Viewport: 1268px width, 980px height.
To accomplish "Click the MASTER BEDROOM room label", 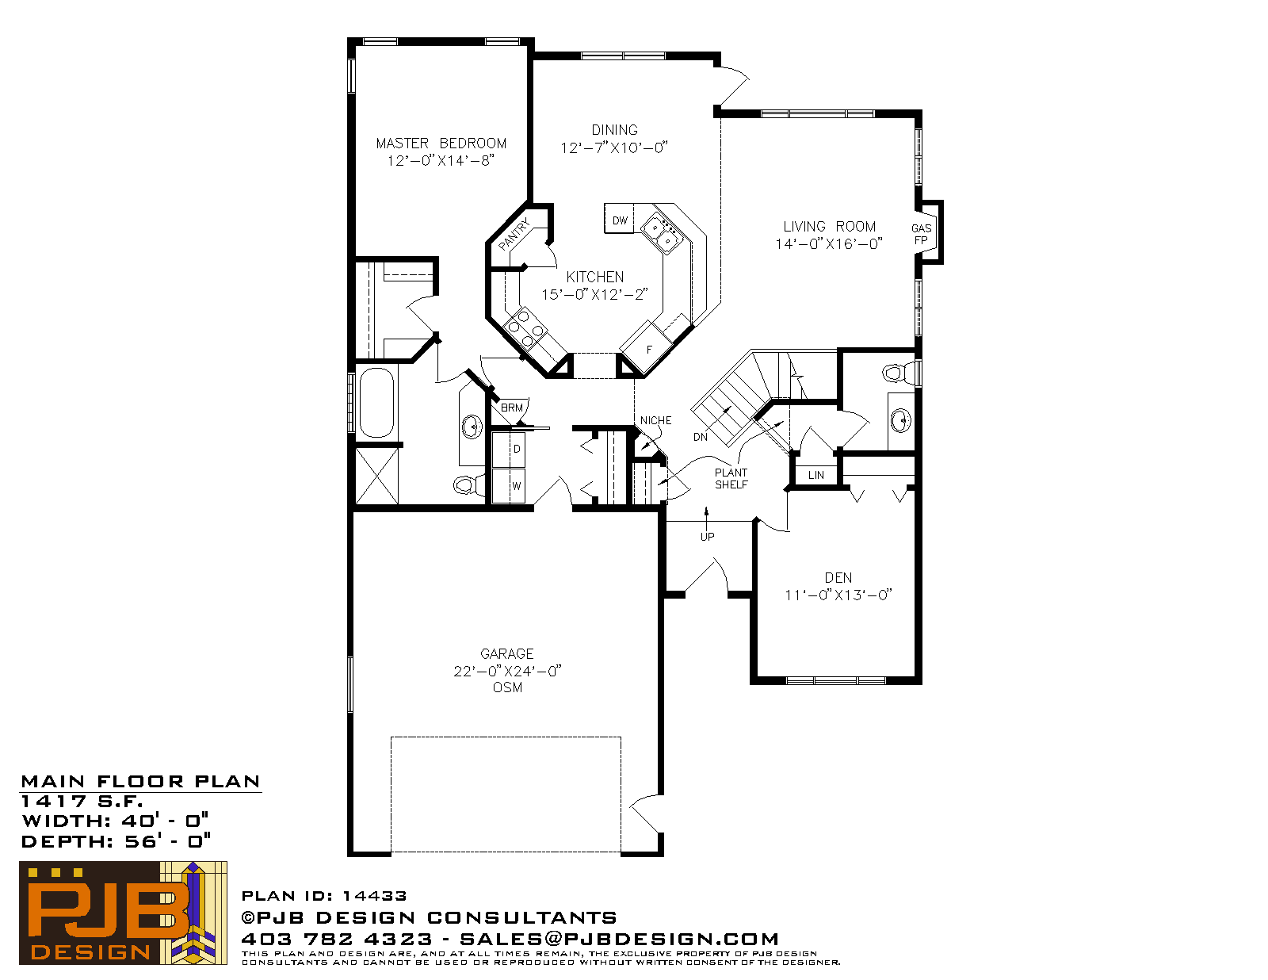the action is [441, 144].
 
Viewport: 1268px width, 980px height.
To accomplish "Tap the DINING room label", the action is [614, 130].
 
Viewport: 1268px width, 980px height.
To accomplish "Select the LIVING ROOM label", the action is [829, 227].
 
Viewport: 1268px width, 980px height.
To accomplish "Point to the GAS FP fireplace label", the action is [922, 234].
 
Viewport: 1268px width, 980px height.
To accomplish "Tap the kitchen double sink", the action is [662, 233].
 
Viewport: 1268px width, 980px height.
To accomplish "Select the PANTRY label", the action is [514, 234].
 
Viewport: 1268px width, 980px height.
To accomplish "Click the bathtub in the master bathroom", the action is [376, 402].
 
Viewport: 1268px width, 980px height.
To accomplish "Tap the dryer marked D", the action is [509, 450].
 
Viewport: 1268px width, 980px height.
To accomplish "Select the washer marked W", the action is [509, 485].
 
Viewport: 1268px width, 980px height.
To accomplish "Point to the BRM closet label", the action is [512, 408].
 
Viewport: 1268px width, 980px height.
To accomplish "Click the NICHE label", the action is [656, 420].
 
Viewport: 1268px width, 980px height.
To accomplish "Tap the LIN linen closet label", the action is [815, 475].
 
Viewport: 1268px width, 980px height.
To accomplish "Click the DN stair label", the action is [701, 437].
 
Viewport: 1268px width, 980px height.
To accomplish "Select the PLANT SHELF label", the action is [731, 479].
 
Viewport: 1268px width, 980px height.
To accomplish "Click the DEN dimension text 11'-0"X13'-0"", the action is [838, 595].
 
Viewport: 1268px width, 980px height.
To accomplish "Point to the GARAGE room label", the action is [507, 653].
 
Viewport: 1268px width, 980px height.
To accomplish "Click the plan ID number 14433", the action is [374, 895].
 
